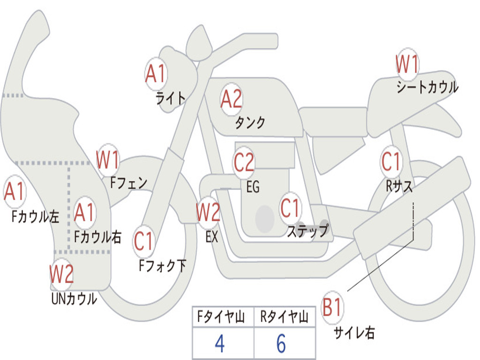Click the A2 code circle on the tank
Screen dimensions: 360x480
pos(231,99)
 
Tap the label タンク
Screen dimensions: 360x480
pos(250,123)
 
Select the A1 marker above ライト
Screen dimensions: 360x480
pos(156,74)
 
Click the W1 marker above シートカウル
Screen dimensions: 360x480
pos(407,65)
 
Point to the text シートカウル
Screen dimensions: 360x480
pos(427,88)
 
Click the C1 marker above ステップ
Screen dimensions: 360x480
pos(290,208)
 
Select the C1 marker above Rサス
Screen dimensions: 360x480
pos(391,162)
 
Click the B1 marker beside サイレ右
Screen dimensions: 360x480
pos(332,308)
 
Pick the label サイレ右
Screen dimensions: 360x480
pos(354,333)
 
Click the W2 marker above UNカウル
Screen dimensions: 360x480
pos(62,274)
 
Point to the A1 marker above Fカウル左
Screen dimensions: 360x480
pos(14,192)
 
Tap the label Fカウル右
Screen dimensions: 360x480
pos(98,237)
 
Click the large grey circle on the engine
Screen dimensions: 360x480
pos(265,218)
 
